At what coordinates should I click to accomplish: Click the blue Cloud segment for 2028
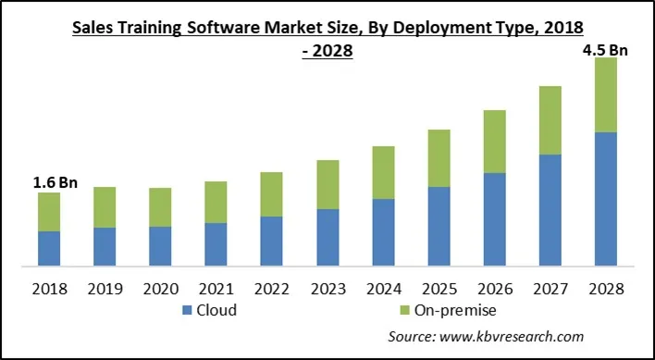(x=605, y=199)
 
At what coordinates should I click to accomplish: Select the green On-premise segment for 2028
(x=605, y=95)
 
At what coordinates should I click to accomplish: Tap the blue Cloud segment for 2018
(x=49, y=248)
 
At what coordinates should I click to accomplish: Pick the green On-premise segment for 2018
(x=49, y=212)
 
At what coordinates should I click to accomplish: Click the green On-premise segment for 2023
(x=327, y=184)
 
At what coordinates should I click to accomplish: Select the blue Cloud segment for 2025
(x=439, y=226)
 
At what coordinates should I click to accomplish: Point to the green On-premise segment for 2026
(x=494, y=142)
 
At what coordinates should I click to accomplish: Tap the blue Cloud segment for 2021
(x=216, y=244)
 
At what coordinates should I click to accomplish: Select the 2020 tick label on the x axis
(x=160, y=288)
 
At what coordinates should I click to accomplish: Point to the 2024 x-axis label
(x=383, y=288)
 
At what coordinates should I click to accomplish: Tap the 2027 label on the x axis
(x=550, y=288)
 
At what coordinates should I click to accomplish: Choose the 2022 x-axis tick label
(x=271, y=288)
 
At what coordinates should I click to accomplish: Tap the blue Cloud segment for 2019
(x=105, y=246)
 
